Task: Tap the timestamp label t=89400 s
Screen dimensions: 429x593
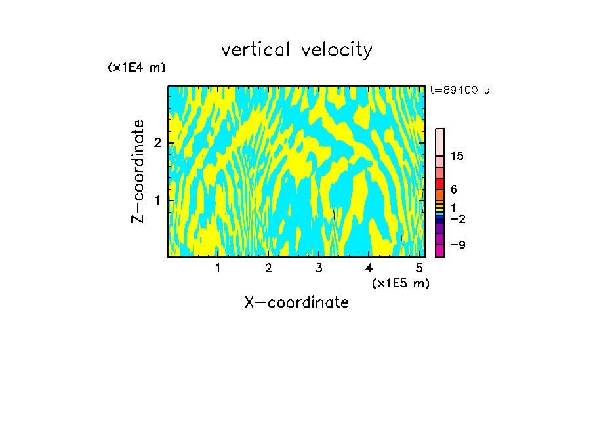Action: point(459,91)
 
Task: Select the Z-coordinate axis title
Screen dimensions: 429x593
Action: point(138,171)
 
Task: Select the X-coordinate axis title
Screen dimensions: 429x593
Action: point(296,302)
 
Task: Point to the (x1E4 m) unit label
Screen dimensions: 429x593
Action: point(136,68)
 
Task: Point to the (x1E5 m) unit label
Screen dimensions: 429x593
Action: point(400,283)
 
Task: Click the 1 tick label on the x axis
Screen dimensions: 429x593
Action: point(218,268)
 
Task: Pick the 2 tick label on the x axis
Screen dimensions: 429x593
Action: point(268,268)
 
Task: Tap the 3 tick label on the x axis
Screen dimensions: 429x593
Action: point(319,268)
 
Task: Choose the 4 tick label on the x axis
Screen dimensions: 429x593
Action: point(369,268)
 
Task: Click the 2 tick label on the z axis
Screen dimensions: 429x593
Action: point(156,142)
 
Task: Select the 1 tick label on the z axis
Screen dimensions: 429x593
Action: point(156,199)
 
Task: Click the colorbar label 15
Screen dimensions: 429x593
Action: point(457,156)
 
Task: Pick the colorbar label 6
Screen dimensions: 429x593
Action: point(453,190)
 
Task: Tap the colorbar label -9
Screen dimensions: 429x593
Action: point(457,245)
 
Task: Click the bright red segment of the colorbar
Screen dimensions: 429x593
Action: point(440,184)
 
